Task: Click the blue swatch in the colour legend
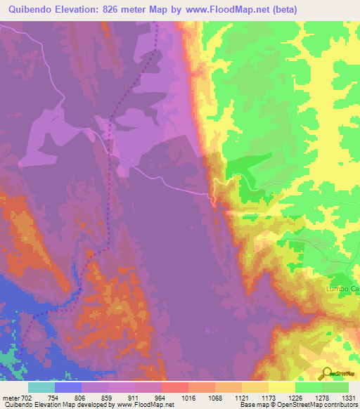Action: [68, 387]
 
